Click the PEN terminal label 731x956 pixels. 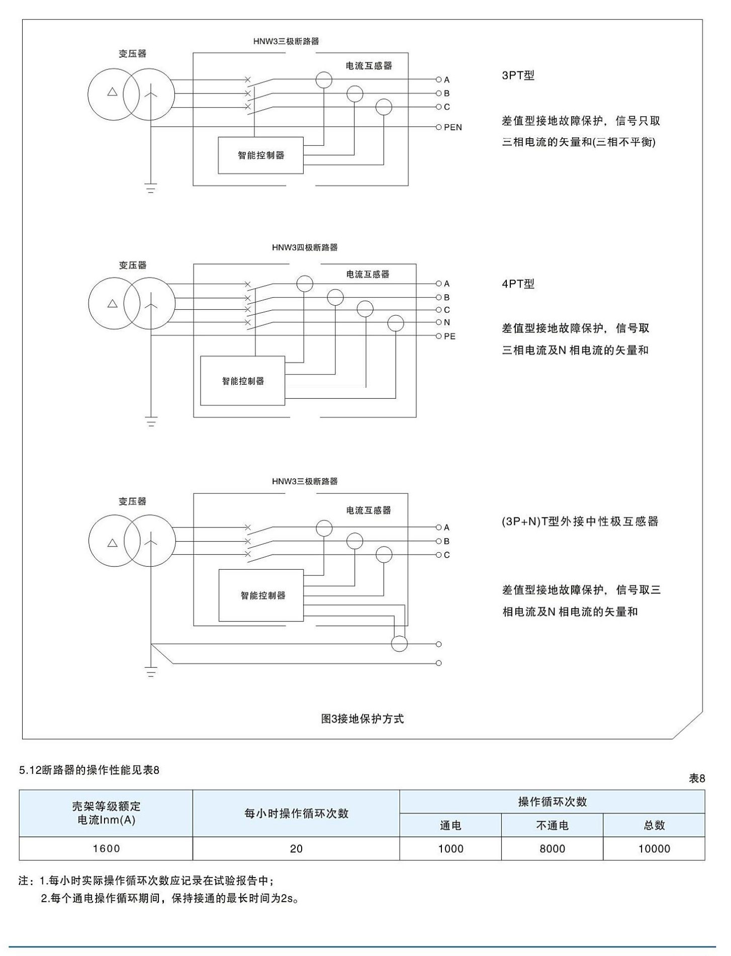(x=452, y=127)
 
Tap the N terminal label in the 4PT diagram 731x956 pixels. (x=446, y=322)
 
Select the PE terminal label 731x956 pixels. (x=449, y=336)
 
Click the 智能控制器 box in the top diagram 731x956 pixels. (x=260, y=155)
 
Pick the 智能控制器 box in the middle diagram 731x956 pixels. (x=242, y=381)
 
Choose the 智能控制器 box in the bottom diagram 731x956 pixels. (x=261, y=595)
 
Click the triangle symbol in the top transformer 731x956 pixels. (x=113, y=93)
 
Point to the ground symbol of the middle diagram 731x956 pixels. (x=151, y=421)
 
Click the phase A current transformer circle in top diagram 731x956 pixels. (x=324, y=79)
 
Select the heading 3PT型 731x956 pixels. (x=518, y=75)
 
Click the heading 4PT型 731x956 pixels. (x=518, y=284)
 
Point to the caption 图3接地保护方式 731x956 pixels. (x=362, y=719)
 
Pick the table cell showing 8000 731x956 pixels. (x=552, y=848)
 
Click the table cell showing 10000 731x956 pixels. (x=654, y=848)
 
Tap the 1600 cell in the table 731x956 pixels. (x=106, y=848)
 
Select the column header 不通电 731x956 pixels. (x=552, y=825)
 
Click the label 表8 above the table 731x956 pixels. (x=697, y=778)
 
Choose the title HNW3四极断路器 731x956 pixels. (x=305, y=247)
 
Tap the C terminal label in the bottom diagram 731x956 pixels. (x=446, y=555)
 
